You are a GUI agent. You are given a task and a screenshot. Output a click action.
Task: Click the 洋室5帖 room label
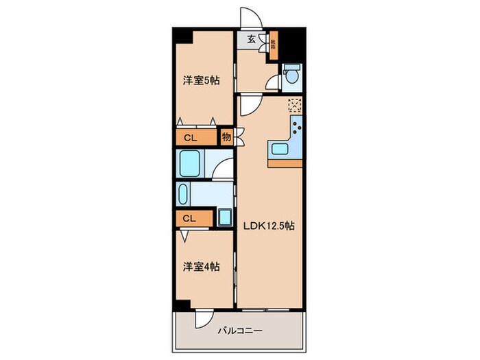click(201, 81)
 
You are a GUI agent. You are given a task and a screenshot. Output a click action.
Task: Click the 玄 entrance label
click(251, 39)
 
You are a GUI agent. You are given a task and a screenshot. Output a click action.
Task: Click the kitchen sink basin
click(280, 149)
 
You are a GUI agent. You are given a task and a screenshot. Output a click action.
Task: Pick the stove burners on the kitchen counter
click(298, 128)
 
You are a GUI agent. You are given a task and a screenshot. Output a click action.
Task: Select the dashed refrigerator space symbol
click(295, 104)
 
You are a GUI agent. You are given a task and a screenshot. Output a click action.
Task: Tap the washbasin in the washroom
click(183, 195)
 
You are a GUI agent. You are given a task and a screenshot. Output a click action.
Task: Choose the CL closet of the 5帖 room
click(191, 138)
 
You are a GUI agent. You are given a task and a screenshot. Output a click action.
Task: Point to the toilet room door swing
click(273, 84)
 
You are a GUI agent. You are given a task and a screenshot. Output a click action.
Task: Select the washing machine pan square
click(225, 219)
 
